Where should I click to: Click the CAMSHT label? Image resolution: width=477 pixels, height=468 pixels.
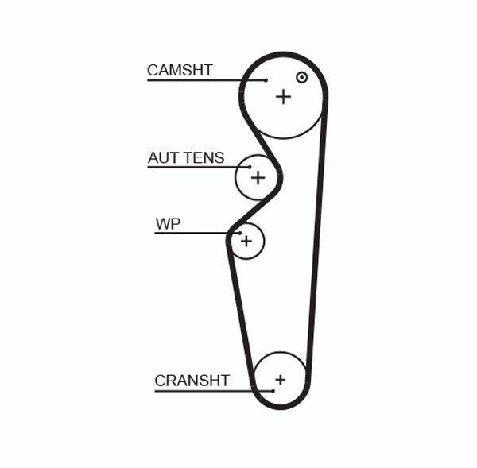click(180, 70)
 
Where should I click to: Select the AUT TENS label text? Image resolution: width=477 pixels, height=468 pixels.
click(186, 158)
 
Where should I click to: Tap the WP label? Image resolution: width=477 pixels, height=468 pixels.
click(168, 224)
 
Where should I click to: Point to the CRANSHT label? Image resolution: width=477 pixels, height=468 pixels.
click(192, 381)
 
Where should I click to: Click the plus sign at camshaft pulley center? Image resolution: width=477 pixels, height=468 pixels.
click(283, 96)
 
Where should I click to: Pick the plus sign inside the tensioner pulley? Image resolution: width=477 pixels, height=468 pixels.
click(257, 177)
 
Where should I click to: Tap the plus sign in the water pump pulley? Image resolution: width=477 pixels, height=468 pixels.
click(246, 239)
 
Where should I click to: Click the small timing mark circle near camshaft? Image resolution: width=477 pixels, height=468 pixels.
click(301, 77)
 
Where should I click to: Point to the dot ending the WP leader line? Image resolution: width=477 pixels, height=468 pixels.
click(236, 233)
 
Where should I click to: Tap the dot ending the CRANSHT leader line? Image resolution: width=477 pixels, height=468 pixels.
click(272, 390)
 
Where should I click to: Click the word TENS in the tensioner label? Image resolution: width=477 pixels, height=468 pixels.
click(204, 158)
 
